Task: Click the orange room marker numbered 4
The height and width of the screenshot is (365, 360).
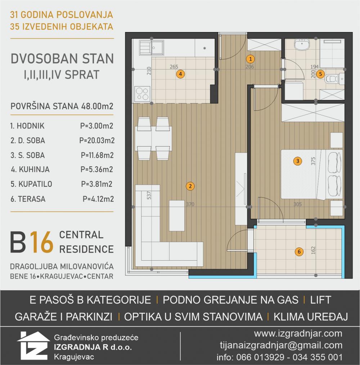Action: [x=180, y=74]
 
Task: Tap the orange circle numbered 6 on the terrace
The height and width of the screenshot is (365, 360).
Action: [x=299, y=251]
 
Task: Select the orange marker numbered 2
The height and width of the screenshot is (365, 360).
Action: [x=190, y=186]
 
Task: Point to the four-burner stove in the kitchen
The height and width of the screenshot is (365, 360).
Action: [x=142, y=94]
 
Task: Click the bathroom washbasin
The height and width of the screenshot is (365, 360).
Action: [x=302, y=44]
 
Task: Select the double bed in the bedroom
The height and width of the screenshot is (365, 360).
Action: [x=312, y=175]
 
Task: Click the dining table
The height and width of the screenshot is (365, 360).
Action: [x=153, y=138]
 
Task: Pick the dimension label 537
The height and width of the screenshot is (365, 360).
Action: [x=149, y=195]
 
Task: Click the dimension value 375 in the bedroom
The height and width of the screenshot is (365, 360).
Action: [x=313, y=161]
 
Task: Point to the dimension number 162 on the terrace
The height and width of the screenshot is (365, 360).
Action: [x=313, y=250]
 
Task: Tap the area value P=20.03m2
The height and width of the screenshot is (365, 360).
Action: [x=97, y=141]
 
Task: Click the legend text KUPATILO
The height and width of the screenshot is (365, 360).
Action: [x=35, y=184]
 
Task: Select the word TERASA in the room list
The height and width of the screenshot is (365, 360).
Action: [x=32, y=199]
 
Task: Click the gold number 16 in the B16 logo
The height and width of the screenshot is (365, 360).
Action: [x=42, y=242]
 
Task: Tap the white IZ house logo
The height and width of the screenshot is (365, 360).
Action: [x=33, y=346]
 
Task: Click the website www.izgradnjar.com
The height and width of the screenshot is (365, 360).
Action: [x=298, y=334]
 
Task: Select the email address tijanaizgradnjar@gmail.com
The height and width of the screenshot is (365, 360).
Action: [x=281, y=345]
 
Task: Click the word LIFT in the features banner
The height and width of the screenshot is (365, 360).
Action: [x=320, y=300]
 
